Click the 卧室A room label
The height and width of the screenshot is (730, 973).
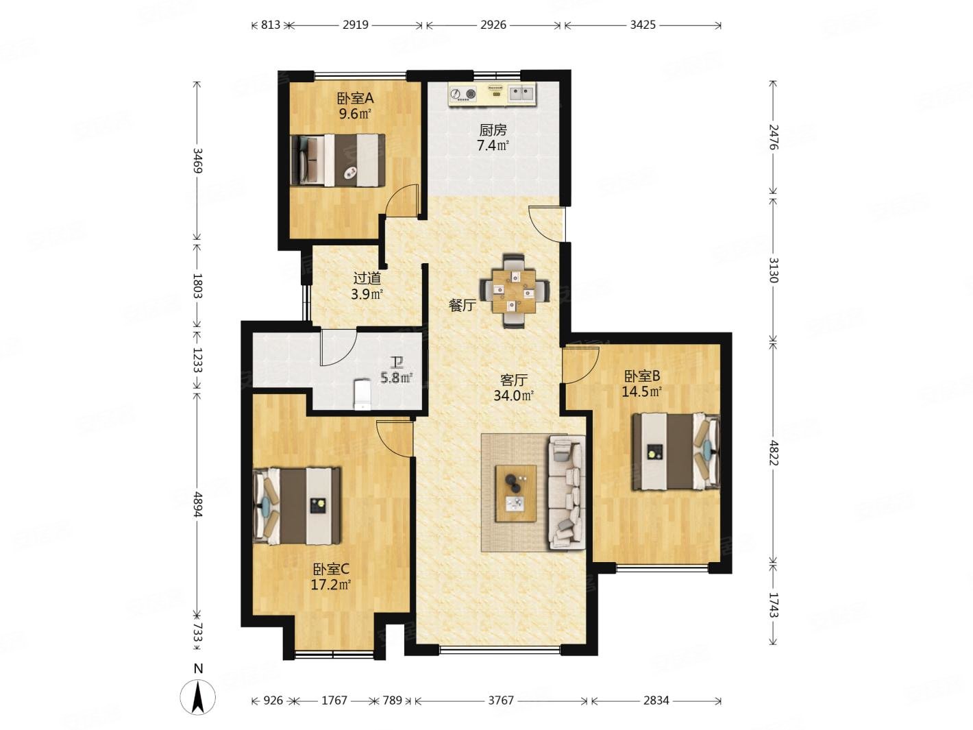pos(355,97)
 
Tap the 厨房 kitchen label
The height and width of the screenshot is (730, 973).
pos(493,130)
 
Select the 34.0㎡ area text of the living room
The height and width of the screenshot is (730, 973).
pos(513,395)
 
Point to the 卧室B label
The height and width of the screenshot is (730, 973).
pos(642,376)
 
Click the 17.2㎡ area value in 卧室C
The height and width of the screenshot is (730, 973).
pos(330,585)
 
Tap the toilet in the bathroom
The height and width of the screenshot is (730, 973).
pos(362,393)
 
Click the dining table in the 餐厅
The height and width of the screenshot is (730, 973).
pos(514,291)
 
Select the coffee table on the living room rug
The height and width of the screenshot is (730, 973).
pos(515,494)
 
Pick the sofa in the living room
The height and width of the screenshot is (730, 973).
pos(567,492)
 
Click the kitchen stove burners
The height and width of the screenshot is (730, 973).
pos(463,94)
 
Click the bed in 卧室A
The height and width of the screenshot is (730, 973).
pos(338,160)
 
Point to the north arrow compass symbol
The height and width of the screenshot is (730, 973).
pos(198,696)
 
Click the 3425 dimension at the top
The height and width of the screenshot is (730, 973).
pos(642,25)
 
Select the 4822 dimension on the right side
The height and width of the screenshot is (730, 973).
pos(773,452)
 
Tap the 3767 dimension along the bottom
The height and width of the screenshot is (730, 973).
pos(501,700)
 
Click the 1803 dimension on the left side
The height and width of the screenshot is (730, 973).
pos(198,285)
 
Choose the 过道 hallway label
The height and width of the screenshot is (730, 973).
pos(367,278)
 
